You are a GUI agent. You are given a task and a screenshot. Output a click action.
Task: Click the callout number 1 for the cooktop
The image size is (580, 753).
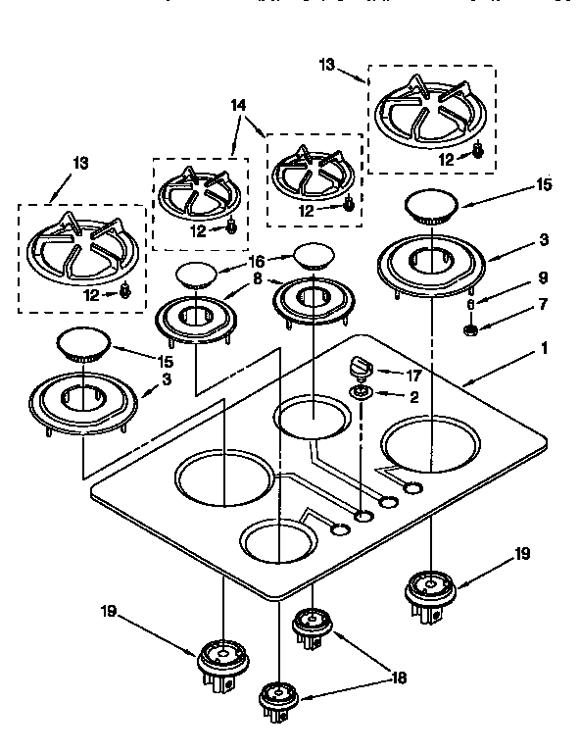click(544, 348)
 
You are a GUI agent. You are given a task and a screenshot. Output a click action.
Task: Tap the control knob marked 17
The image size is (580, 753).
click(360, 367)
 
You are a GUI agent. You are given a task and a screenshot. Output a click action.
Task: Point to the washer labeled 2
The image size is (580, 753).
click(362, 394)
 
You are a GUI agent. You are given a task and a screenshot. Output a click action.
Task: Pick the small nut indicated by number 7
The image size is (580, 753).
click(470, 330)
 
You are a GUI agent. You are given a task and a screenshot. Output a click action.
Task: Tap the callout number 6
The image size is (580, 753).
click(470, 305)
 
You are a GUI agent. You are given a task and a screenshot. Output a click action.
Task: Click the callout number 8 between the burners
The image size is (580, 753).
click(257, 277)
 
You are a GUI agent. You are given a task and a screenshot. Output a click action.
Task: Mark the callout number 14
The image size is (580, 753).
click(237, 106)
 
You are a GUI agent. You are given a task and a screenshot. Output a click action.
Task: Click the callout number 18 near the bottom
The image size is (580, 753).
click(399, 678)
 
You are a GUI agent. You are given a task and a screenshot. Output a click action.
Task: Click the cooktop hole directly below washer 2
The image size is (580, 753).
click(363, 515)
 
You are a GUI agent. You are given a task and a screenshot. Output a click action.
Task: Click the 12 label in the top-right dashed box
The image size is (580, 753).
click(447, 159)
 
